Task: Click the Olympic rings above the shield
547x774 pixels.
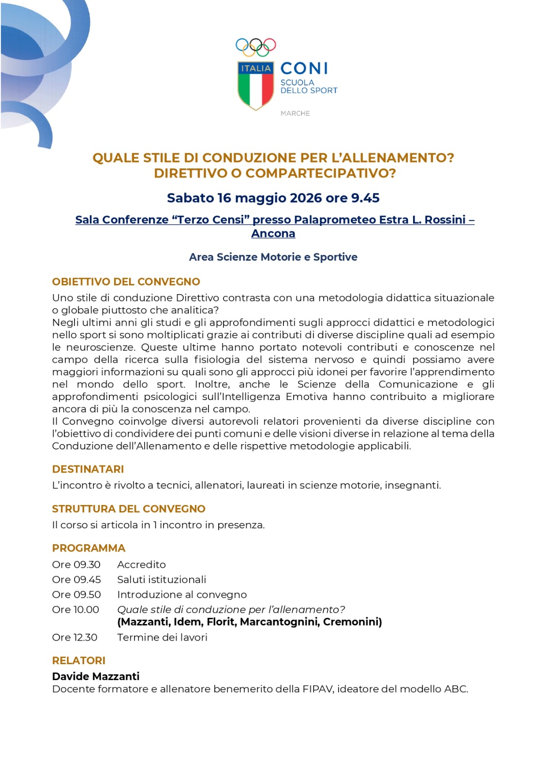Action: (255, 46)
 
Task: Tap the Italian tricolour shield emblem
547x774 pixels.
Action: (255, 86)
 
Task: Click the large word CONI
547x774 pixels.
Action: (304, 69)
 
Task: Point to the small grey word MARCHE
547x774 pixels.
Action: (295, 113)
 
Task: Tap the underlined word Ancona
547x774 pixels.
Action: (273, 233)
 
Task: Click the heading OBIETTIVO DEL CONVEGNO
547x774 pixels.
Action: (126, 282)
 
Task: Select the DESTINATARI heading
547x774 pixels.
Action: (88, 469)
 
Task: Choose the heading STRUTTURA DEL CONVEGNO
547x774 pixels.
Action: (129, 508)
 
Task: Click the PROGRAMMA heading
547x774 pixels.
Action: (89, 548)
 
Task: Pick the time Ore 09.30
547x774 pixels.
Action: (76, 565)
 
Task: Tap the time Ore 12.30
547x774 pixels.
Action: (75, 637)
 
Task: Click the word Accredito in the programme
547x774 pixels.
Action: (141, 565)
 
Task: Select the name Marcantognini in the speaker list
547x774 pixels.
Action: (279, 622)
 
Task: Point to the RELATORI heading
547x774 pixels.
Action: (79, 660)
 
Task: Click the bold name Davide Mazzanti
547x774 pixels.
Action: (96, 676)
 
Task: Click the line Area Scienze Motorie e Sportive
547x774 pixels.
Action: (273, 257)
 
